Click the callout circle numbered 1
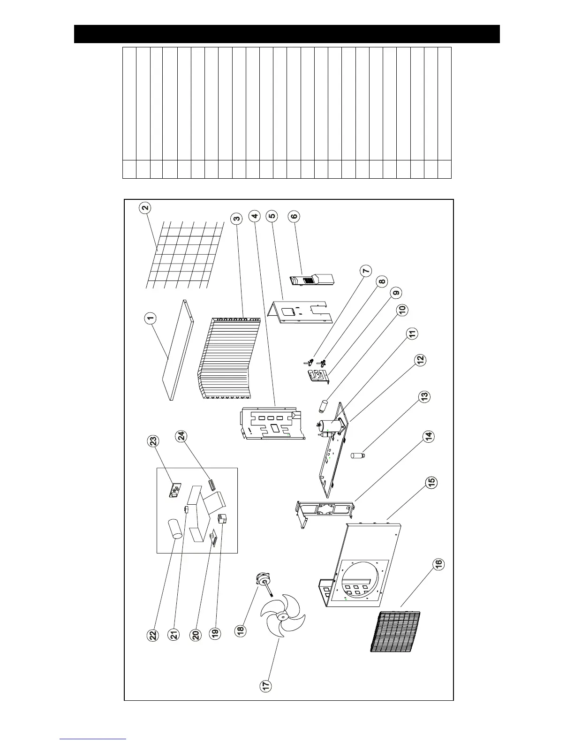coord(150,319)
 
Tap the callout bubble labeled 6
coord(295,216)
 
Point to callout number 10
coord(402,311)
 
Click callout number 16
coord(438,564)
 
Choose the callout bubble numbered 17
coord(266,686)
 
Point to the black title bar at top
coord(287,34)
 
